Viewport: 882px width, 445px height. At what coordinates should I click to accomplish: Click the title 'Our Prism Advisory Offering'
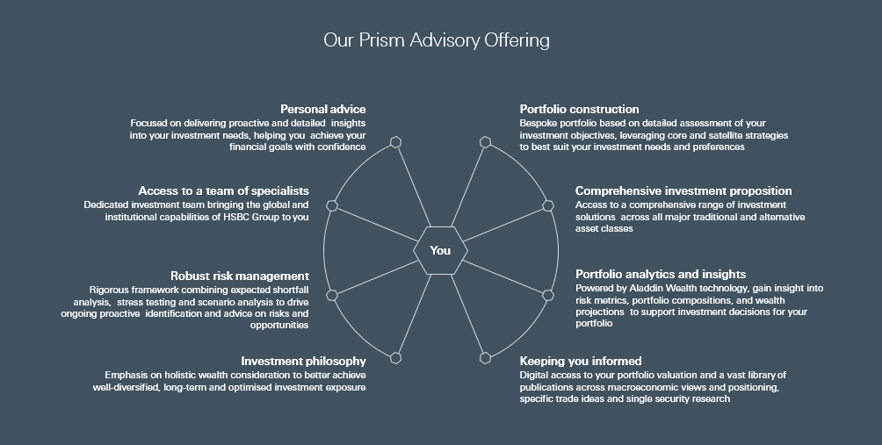pyautogui.click(x=437, y=40)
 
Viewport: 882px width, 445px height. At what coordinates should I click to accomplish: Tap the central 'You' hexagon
pyautogui.click(x=440, y=251)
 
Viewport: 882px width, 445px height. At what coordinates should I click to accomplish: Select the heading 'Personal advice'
pyautogui.click(x=323, y=109)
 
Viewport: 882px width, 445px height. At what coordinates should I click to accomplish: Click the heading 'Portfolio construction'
pyautogui.click(x=580, y=109)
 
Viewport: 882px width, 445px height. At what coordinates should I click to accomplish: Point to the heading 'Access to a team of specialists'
pyautogui.click(x=223, y=191)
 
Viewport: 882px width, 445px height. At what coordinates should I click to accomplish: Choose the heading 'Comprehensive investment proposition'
pyautogui.click(x=683, y=191)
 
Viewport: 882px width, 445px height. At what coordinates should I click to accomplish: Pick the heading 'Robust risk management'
pyautogui.click(x=240, y=276)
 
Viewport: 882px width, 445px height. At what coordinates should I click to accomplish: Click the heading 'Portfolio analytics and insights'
pyautogui.click(x=661, y=274)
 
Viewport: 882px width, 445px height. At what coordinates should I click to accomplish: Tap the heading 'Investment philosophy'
pyautogui.click(x=303, y=362)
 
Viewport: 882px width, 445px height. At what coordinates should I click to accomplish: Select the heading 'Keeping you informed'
pyautogui.click(x=581, y=362)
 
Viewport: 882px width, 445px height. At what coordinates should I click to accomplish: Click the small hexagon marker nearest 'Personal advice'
pyautogui.click(x=396, y=142)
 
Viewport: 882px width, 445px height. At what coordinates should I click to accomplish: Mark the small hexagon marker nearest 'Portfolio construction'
pyautogui.click(x=485, y=142)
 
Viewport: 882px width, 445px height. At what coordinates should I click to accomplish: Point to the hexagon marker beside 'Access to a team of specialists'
pyautogui.click(x=332, y=205)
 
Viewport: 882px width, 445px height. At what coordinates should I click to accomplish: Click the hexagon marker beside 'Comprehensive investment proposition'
pyautogui.click(x=548, y=205)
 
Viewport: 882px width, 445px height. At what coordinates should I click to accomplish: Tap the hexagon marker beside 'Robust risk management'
pyautogui.click(x=332, y=295)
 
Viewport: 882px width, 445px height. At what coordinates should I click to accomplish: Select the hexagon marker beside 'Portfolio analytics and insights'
pyautogui.click(x=548, y=295)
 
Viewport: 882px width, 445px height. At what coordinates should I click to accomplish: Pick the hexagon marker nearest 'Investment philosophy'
pyautogui.click(x=396, y=358)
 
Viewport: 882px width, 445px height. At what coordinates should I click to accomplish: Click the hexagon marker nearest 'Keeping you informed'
pyautogui.click(x=485, y=358)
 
